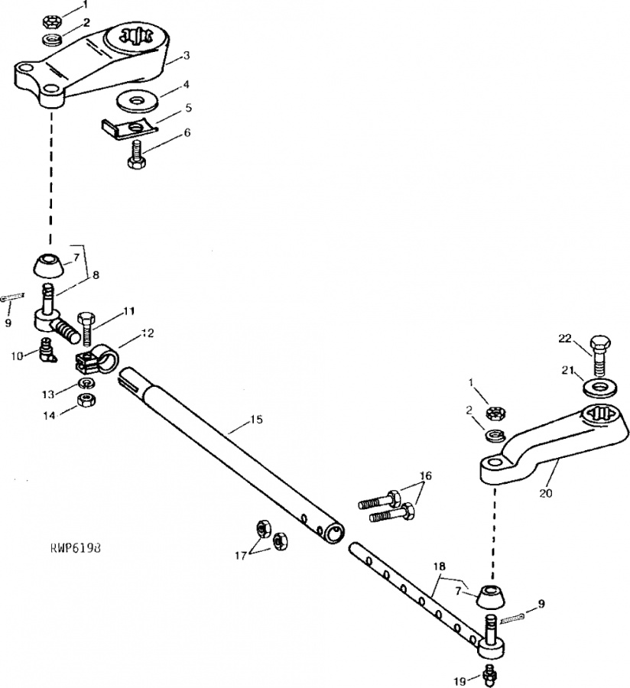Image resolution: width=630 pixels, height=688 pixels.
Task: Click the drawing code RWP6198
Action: pos(76,548)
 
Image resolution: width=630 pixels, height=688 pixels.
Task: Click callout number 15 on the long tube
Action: pos(257,420)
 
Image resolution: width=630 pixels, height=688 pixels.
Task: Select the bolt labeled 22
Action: pos(600,356)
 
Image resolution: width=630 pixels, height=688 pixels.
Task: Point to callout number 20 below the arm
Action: pos(546,493)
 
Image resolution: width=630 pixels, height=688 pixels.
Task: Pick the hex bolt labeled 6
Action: pos(138,155)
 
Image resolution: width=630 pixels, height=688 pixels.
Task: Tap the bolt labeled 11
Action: pos(86,329)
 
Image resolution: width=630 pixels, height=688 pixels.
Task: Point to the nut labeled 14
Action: pos(86,400)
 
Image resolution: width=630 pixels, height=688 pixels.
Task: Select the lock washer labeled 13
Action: pos(87,383)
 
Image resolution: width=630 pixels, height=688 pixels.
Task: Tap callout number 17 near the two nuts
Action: pos(240,556)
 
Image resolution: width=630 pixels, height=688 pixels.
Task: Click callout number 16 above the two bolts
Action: pos(426,475)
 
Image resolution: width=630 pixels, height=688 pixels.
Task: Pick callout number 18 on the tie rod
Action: pos(439,566)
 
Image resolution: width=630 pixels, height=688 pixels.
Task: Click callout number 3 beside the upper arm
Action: pos(187,56)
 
